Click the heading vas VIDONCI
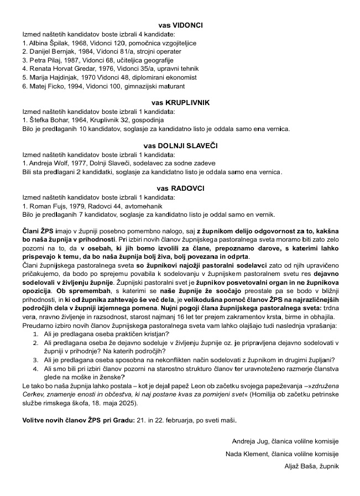pos(180,25)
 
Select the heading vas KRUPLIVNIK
pos(180,102)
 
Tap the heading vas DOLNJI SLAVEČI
pos(180,145)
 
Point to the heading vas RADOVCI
pos(180,189)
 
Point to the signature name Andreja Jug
pos(252,441)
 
